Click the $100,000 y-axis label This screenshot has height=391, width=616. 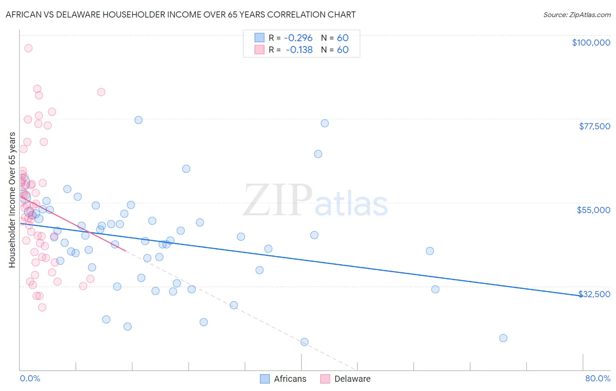click(591, 43)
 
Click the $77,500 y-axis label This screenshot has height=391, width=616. click(594, 126)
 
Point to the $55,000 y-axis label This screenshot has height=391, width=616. click(593, 210)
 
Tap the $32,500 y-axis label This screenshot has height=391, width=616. click(594, 294)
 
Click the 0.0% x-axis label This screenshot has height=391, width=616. click(30, 378)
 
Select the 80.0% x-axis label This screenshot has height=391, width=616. click(598, 378)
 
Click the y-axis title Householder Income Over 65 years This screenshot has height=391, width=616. click(12, 199)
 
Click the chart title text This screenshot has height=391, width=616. click(181, 14)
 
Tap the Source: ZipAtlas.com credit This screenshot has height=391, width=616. click(577, 14)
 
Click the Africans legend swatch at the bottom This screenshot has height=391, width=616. click(265, 379)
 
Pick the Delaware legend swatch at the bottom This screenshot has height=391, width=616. click(325, 379)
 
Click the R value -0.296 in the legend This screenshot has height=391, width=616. click(298, 38)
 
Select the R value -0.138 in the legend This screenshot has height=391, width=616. click(299, 50)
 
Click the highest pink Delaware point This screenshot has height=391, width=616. click(28, 48)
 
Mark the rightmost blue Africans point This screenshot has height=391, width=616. click(503, 338)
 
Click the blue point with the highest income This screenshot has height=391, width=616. click(138, 120)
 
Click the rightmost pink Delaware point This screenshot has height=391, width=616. click(101, 92)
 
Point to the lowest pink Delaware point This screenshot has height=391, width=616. click(42, 307)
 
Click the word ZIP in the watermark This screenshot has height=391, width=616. click(277, 201)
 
